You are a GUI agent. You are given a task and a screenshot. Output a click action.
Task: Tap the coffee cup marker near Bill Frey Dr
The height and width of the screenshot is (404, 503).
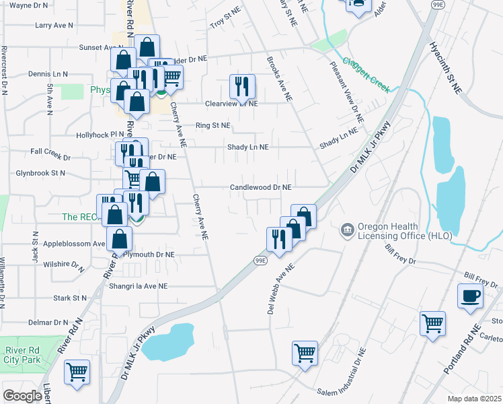click(x=470, y=296)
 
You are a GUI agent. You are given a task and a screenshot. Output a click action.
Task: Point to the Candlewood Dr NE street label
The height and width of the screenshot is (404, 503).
click(x=261, y=187)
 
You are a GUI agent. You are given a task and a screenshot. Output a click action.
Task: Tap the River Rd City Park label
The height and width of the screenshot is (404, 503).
click(x=24, y=355)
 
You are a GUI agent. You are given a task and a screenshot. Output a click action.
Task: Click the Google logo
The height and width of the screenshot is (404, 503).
click(x=22, y=396)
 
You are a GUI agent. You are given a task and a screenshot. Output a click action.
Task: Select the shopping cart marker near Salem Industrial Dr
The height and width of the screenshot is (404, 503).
click(x=305, y=353)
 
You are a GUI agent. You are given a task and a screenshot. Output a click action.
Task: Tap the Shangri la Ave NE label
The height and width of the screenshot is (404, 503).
click(x=139, y=286)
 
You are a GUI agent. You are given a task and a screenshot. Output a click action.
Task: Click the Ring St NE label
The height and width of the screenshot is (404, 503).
click(x=212, y=126)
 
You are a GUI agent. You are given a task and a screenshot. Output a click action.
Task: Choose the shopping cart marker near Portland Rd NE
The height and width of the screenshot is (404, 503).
click(x=432, y=323)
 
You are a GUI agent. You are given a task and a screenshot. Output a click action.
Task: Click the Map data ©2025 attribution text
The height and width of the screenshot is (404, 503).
click(x=475, y=399)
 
